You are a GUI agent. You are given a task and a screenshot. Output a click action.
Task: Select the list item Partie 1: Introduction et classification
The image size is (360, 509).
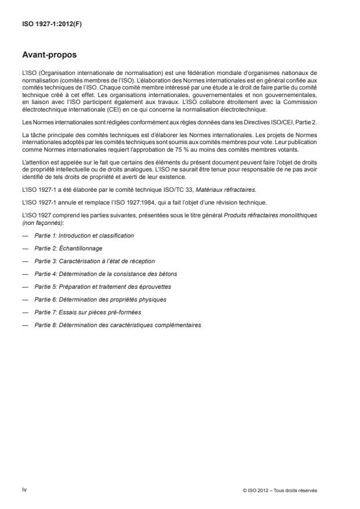(x=84, y=235)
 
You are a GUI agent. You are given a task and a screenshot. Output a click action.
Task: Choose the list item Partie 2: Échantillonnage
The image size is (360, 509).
(x=71, y=248)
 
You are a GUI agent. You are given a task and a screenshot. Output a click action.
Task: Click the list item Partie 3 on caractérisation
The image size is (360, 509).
(x=95, y=261)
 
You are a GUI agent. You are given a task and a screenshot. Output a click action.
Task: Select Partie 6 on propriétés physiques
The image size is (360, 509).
(x=100, y=299)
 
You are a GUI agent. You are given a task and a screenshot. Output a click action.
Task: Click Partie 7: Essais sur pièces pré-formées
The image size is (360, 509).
(x=88, y=312)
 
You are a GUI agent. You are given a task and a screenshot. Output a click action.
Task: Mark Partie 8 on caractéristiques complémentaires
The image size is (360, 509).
(x=118, y=325)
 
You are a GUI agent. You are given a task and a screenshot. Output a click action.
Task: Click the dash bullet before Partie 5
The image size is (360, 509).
(x=24, y=286)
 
